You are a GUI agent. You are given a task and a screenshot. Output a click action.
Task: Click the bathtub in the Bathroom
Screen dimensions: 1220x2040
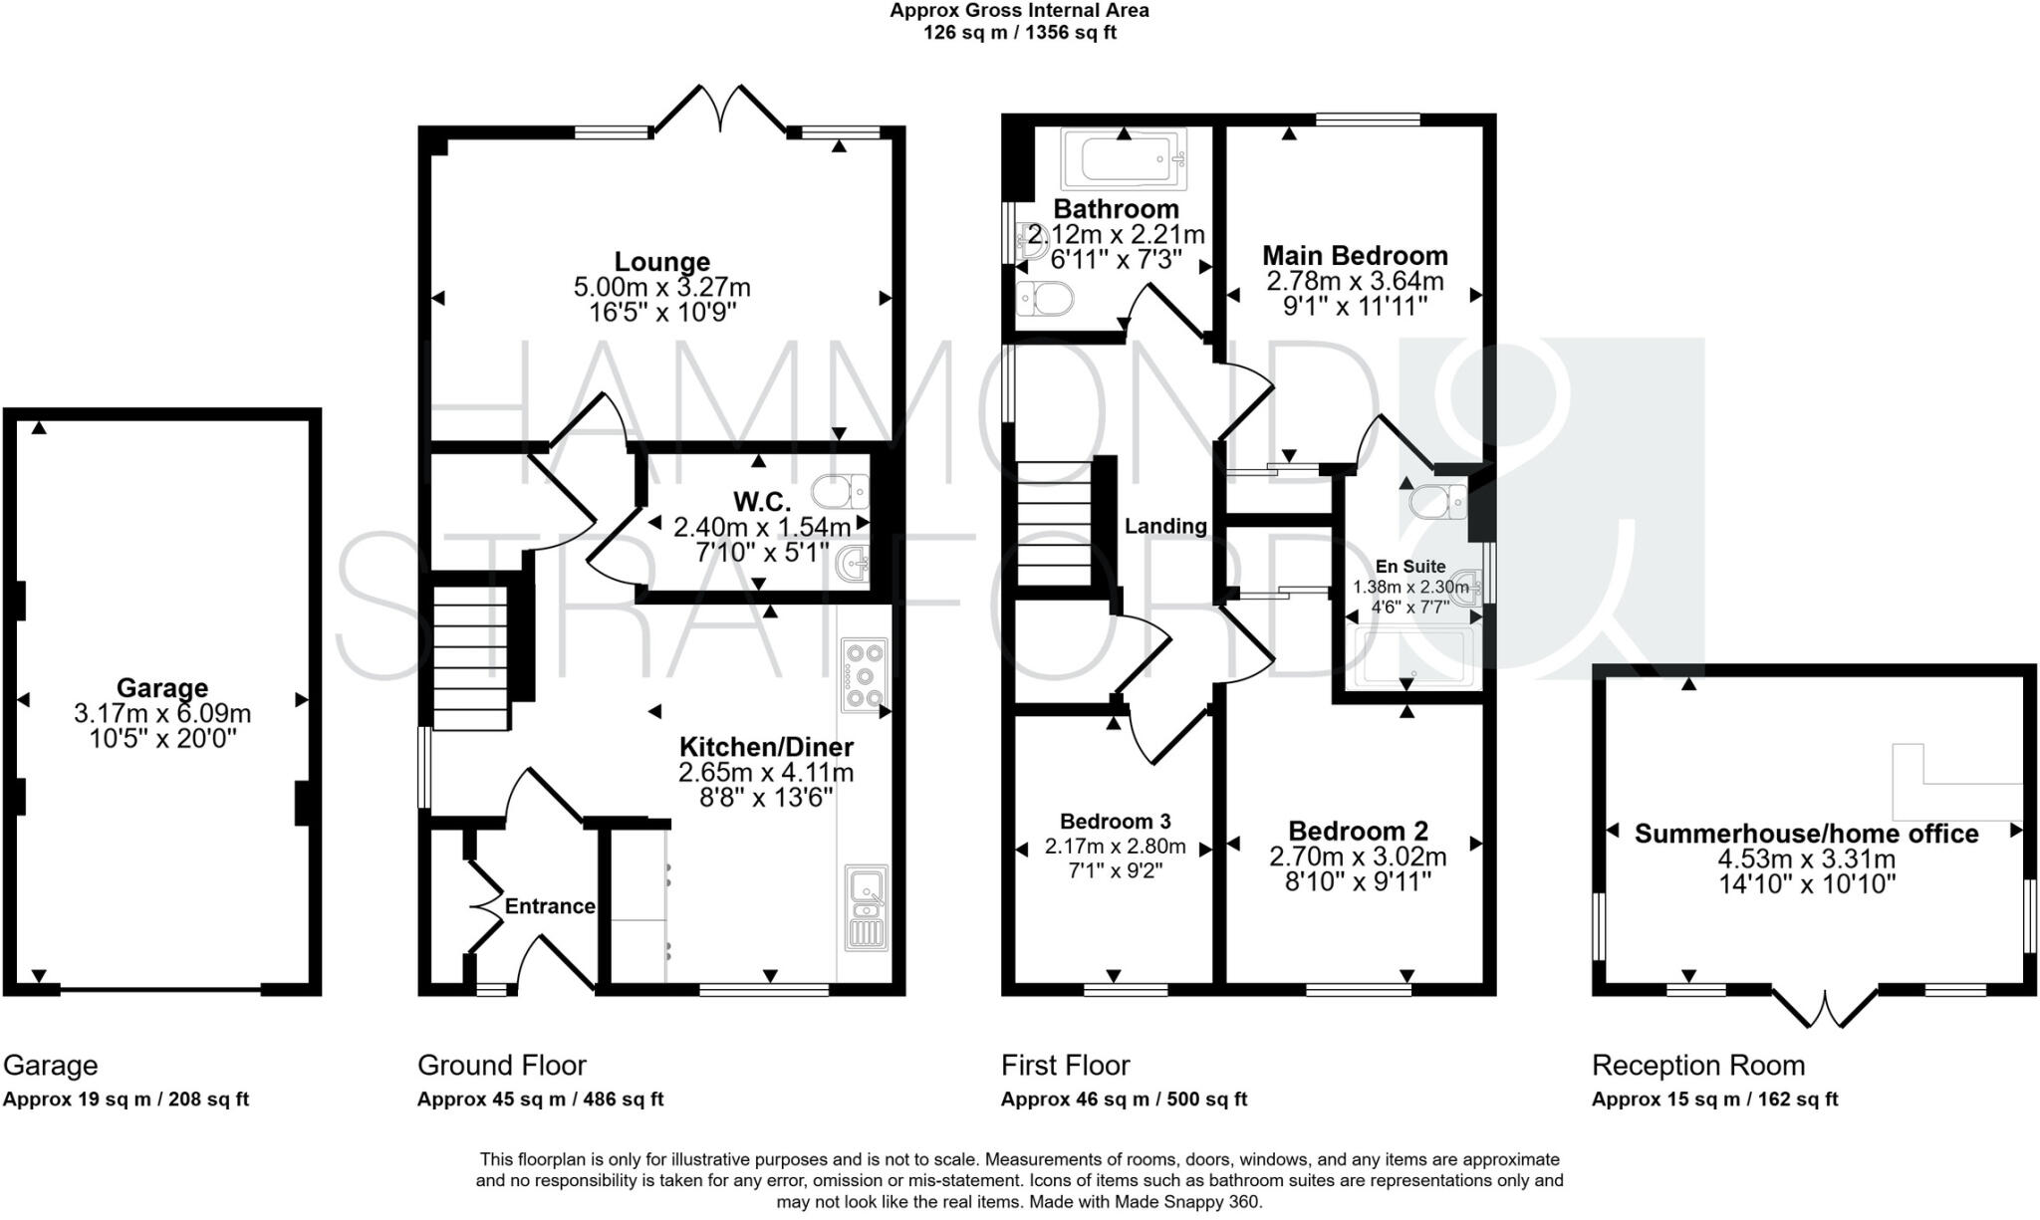coord(1123,159)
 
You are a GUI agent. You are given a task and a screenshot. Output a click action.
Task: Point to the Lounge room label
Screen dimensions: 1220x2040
coord(661,262)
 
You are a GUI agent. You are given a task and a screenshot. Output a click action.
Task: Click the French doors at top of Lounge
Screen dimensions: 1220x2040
coord(719,110)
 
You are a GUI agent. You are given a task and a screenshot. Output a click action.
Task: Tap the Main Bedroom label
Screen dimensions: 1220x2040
coord(1355,256)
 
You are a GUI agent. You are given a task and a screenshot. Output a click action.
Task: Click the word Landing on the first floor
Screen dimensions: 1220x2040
coord(1165,526)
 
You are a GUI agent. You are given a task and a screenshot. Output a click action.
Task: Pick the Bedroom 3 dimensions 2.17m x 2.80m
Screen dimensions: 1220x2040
coord(1115,848)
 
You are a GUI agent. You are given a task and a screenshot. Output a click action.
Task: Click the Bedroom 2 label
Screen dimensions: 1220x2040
coord(1358,831)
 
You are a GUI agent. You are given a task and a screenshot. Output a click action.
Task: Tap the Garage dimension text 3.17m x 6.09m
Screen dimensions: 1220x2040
coord(162,713)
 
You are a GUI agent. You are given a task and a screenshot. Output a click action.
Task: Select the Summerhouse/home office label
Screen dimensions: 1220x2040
coord(1806,834)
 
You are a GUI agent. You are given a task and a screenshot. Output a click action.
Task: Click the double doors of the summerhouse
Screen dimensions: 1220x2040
coord(1826,1008)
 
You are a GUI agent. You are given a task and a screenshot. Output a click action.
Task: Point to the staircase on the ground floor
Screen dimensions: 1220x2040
coord(471,657)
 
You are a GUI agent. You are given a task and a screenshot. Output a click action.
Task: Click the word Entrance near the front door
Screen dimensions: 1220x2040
coord(549,906)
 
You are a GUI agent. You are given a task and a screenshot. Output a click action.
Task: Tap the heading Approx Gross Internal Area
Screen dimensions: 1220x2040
coord(1019,11)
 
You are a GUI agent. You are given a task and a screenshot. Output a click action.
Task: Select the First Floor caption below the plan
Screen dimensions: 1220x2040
coord(1065,1066)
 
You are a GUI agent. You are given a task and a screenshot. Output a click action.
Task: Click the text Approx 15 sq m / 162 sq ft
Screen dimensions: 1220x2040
coord(1713,1099)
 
